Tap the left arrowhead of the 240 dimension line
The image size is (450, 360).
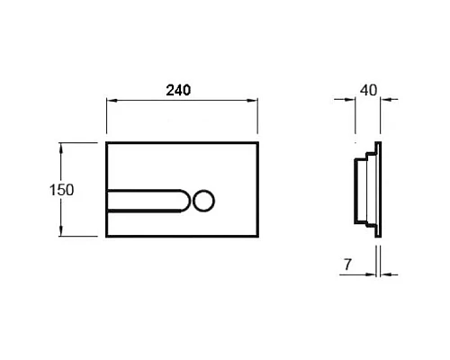pos(111,103)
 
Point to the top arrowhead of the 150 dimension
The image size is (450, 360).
pos(61,144)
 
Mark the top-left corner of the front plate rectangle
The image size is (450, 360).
pos(108,141)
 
